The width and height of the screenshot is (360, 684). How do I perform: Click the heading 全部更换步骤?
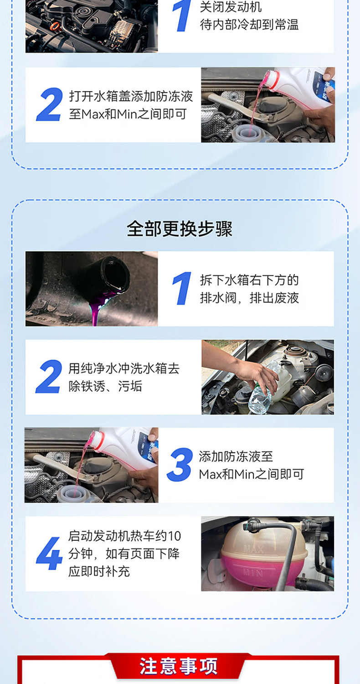coord(180,229)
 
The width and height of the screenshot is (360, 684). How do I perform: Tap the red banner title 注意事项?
coord(179,666)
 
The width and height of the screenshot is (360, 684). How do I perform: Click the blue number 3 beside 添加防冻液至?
coord(180,465)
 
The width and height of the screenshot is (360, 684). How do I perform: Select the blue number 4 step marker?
coord(49,553)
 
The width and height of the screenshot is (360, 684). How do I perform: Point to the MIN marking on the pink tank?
coord(253,573)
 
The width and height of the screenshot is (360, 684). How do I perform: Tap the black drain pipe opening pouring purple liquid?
coord(115,275)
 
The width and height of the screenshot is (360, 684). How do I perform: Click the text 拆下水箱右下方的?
coord(249,280)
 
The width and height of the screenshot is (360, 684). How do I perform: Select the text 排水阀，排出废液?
coord(249,298)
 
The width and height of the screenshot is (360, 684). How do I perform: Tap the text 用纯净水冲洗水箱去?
coord(124,368)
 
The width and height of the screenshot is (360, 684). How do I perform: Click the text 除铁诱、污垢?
coord(105,386)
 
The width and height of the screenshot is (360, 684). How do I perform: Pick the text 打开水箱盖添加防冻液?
coord(131,96)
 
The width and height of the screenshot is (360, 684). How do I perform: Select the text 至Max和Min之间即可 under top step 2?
coord(128,114)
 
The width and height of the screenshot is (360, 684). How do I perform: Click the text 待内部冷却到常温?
coord(249,25)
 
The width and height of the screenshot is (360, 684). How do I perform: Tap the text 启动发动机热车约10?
coord(124,536)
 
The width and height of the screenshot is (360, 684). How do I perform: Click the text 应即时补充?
coord(99,571)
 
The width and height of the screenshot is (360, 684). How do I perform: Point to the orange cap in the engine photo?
coord(54,26)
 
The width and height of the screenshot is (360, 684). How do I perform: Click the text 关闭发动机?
coord(231,7)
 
